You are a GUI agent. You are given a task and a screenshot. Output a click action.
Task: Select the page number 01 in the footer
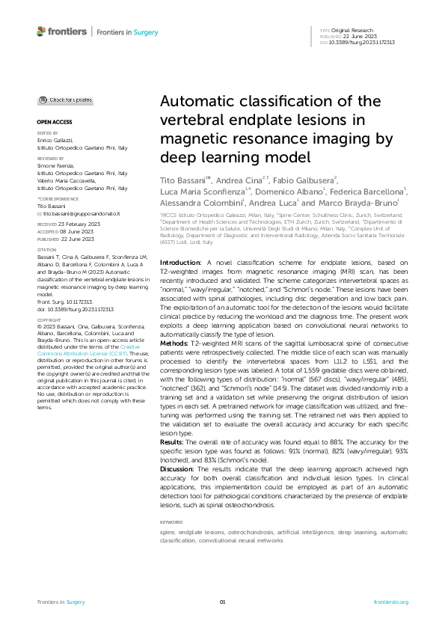pyautogui.click(x=222, y=602)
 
